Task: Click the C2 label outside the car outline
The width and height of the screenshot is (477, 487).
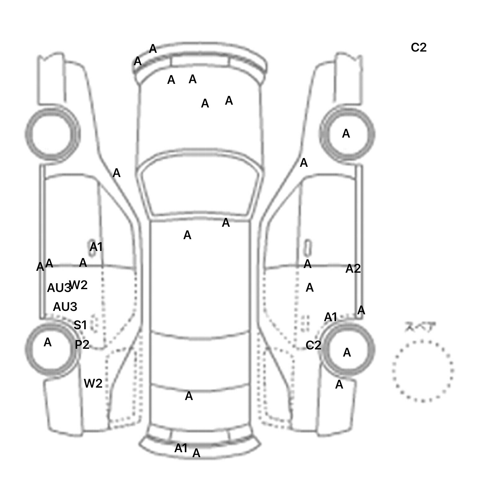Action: [418, 48]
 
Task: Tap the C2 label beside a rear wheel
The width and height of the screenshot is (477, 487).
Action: [313, 345]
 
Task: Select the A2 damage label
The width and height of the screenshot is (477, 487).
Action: [353, 269]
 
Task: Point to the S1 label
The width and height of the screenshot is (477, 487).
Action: [80, 325]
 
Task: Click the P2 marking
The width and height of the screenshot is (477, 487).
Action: [82, 344]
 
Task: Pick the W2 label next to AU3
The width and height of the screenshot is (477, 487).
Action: [79, 285]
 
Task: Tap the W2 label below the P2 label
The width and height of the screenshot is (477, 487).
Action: [93, 384]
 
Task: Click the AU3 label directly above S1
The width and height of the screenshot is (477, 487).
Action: [65, 307]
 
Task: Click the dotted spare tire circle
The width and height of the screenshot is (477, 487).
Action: [423, 371]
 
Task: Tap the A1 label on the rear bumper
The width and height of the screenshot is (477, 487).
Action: [181, 448]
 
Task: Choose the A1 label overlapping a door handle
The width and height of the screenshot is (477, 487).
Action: [96, 247]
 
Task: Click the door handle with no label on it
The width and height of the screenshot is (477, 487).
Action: [308, 248]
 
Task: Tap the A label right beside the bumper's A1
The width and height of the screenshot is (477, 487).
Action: [196, 453]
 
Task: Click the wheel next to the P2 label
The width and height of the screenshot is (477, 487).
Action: [52, 348]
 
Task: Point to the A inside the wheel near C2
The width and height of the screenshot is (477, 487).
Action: [347, 353]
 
